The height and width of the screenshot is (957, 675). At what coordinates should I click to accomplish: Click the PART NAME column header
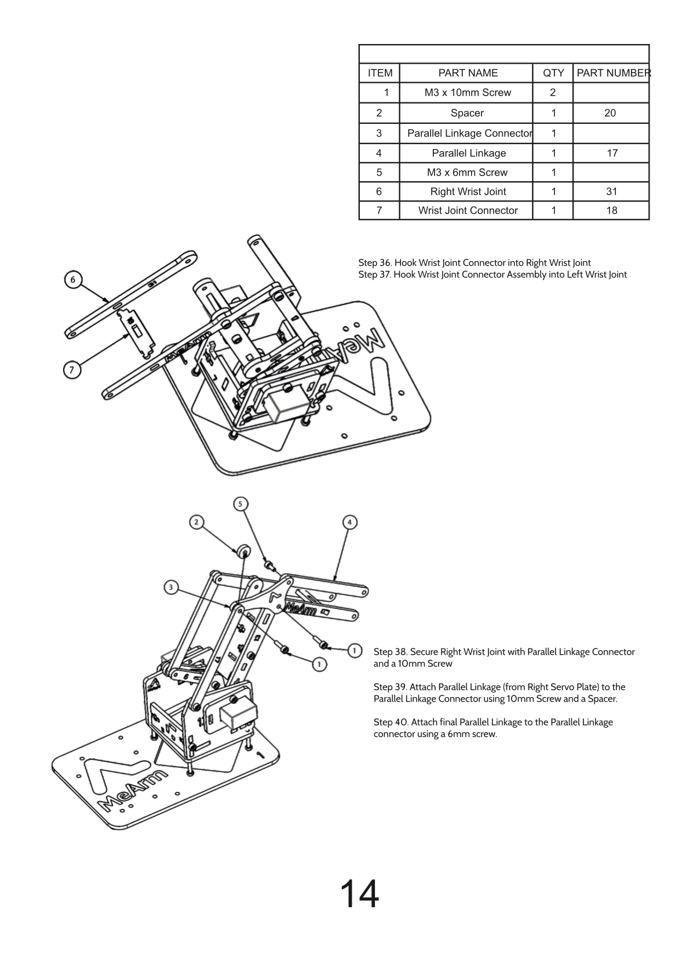pos(468,73)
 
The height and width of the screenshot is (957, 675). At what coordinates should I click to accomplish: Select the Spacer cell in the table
pos(466,113)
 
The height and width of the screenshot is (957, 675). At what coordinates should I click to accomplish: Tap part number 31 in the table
pos(611,192)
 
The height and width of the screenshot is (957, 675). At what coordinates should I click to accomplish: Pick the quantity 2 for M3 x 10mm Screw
pos(553,93)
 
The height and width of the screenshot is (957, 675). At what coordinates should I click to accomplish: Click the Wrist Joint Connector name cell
pos(468,211)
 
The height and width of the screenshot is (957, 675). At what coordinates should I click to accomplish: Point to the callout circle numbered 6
pos(72,280)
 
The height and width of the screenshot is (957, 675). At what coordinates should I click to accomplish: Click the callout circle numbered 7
pos(72,370)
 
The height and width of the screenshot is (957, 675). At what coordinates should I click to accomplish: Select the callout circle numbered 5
pos(241,504)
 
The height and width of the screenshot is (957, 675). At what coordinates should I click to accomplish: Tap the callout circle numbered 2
pos(196,522)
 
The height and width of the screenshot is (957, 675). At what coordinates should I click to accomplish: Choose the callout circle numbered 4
pos(349,522)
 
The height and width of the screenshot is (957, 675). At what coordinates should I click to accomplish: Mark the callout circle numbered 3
pos(170,588)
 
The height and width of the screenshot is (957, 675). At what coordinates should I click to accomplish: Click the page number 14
pos(359,894)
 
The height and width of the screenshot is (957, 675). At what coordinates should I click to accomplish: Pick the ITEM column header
pos(380,73)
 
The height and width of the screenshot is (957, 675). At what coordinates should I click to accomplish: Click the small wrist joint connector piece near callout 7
pos(137,332)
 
